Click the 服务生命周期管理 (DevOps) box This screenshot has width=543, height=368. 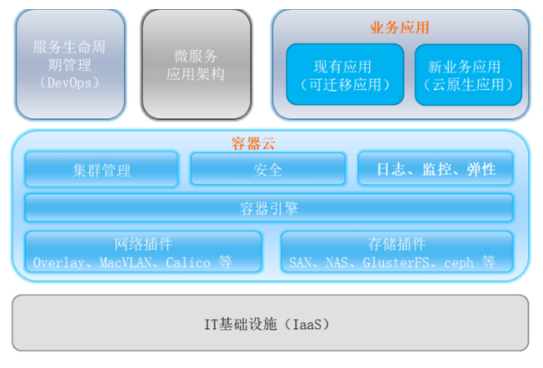click(x=70, y=64)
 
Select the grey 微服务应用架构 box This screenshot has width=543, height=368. click(x=197, y=64)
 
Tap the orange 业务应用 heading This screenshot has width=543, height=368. click(x=399, y=27)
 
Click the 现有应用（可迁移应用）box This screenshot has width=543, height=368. click(x=345, y=74)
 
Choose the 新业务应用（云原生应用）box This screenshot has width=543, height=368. click(x=468, y=74)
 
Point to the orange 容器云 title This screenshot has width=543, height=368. click(x=253, y=143)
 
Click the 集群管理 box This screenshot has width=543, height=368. click(x=102, y=170)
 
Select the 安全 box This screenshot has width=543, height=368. click(x=267, y=169)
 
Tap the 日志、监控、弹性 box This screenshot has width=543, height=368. click(x=436, y=169)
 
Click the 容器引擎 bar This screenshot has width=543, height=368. click(x=269, y=208)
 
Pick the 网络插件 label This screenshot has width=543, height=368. click(x=143, y=244)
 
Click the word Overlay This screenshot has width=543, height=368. click(x=58, y=263)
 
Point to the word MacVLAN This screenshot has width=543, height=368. click(x=126, y=262)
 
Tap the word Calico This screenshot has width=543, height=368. click(x=188, y=262)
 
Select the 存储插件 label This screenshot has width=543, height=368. click(x=397, y=244)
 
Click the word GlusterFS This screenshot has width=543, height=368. click(x=396, y=262)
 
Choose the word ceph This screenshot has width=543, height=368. click(x=459, y=263)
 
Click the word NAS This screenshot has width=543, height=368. click(x=337, y=262)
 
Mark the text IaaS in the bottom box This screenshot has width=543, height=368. click(x=307, y=325)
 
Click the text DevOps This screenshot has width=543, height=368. click(x=69, y=83)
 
